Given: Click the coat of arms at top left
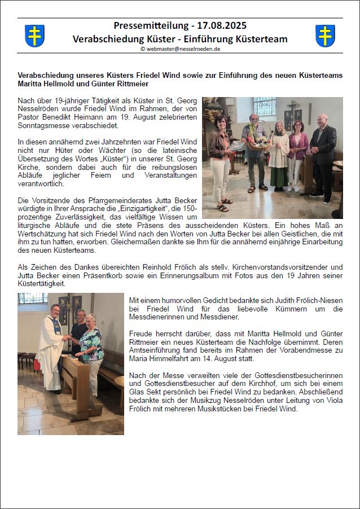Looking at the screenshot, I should [35, 36].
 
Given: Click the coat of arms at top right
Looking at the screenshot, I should [325, 36].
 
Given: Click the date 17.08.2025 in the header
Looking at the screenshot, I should [221, 25].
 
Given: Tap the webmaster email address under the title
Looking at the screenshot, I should [180, 49].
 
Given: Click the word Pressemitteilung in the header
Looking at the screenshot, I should [148, 25].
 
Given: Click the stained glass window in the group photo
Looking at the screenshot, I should [265, 107].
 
